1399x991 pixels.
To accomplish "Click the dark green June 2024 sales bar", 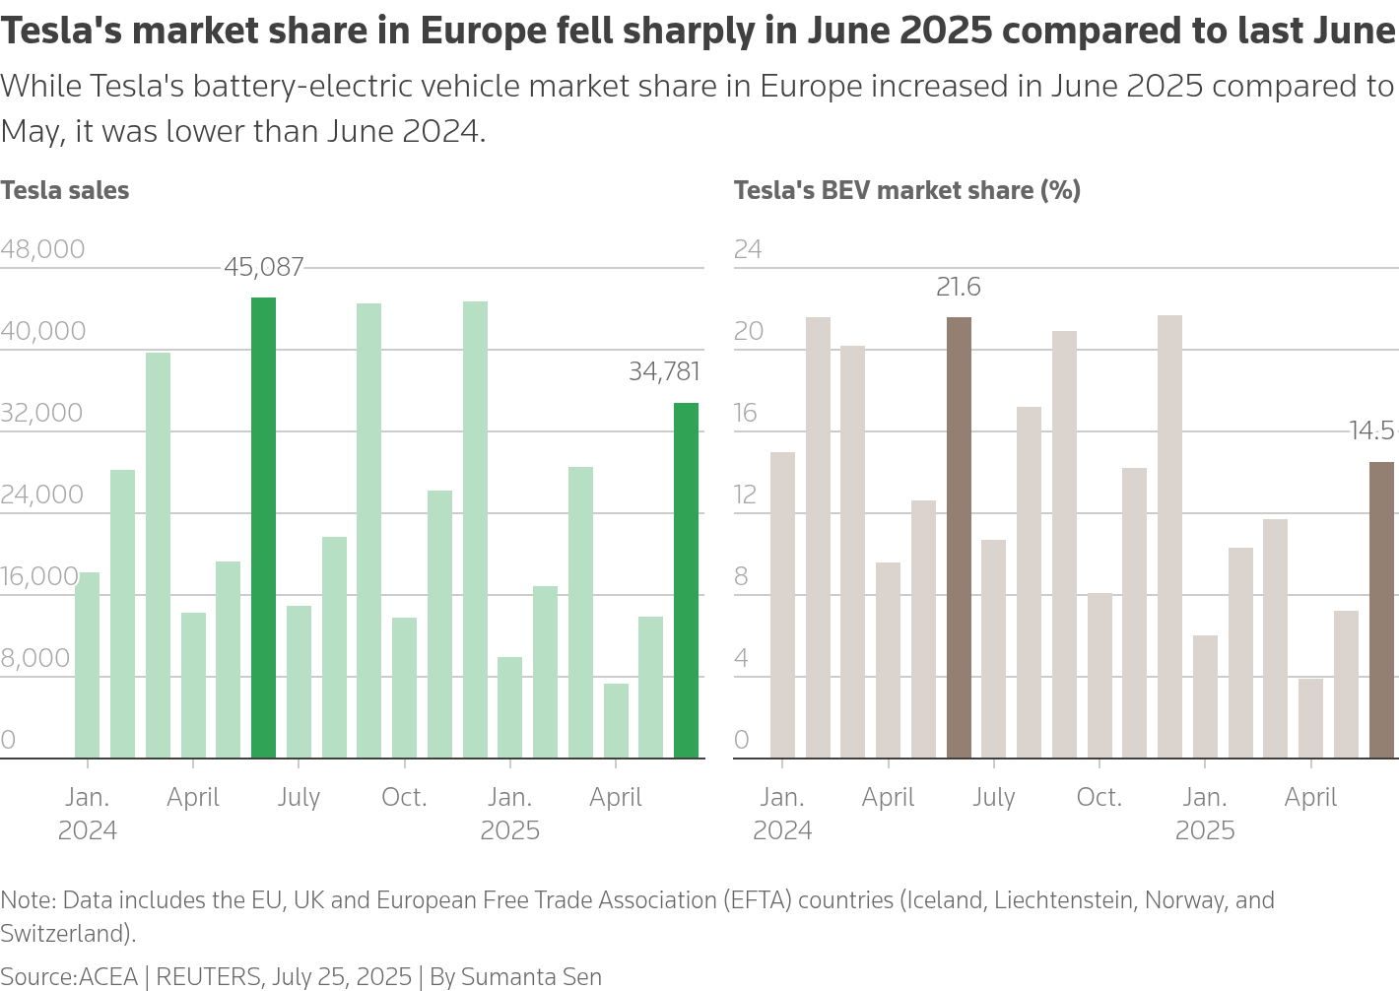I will (x=263, y=528).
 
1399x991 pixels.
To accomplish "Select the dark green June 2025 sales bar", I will (x=686, y=580).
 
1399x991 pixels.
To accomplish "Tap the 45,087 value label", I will (x=263, y=267).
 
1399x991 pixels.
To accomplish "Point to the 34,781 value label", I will (x=664, y=371).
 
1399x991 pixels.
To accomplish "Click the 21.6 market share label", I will (x=958, y=287).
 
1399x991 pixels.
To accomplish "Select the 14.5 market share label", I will (x=1371, y=430).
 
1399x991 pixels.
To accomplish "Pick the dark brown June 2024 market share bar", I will (x=959, y=538).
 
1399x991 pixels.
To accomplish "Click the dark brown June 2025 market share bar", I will (x=1381, y=610).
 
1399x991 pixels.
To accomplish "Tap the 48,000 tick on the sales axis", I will (x=42, y=249).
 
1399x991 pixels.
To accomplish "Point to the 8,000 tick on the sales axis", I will (x=35, y=658).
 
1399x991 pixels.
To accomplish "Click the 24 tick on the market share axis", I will (x=748, y=249).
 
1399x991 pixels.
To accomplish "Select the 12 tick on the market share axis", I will (x=746, y=495).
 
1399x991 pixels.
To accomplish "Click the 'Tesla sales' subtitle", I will (x=65, y=190).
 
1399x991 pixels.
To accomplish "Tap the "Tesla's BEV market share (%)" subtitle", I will (x=906, y=190).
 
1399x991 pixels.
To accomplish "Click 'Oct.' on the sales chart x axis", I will (x=404, y=797).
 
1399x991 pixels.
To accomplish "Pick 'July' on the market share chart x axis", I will (x=993, y=797).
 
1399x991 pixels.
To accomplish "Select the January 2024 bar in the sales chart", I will (x=88, y=665).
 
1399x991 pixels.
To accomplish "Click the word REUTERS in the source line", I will (x=209, y=976).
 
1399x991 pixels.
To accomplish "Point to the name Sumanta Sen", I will (x=531, y=976).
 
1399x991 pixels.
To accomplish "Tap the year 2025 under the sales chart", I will (x=509, y=830).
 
